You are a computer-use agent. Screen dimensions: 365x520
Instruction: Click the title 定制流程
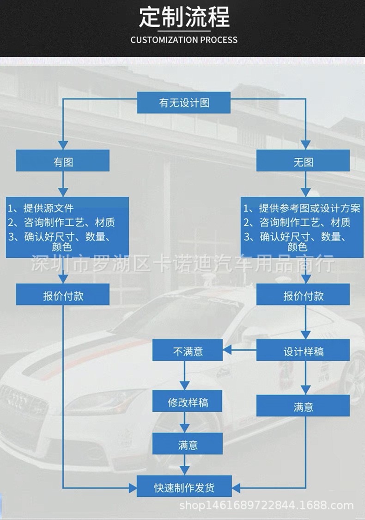[x=184, y=17]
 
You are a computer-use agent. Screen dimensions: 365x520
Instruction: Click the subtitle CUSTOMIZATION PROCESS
[x=184, y=40]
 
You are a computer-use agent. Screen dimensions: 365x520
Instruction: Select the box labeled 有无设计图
[x=184, y=103]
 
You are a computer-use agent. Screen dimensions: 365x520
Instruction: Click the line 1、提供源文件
[x=41, y=208]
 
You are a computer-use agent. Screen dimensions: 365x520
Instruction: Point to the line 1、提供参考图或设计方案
[x=302, y=208]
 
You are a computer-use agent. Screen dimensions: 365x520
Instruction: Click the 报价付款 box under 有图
[x=63, y=294]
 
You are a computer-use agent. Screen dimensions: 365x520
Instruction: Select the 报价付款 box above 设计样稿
[x=303, y=294]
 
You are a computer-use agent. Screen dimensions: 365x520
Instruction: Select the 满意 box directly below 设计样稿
[x=303, y=405]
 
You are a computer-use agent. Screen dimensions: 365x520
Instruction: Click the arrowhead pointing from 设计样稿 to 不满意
[x=227, y=350]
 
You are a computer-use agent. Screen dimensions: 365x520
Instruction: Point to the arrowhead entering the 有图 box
[x=63, y=145]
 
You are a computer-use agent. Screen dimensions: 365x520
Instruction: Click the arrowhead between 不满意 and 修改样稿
[x=184, y=385]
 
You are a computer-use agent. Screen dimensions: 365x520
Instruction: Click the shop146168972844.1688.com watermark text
[x=266, y=505]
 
